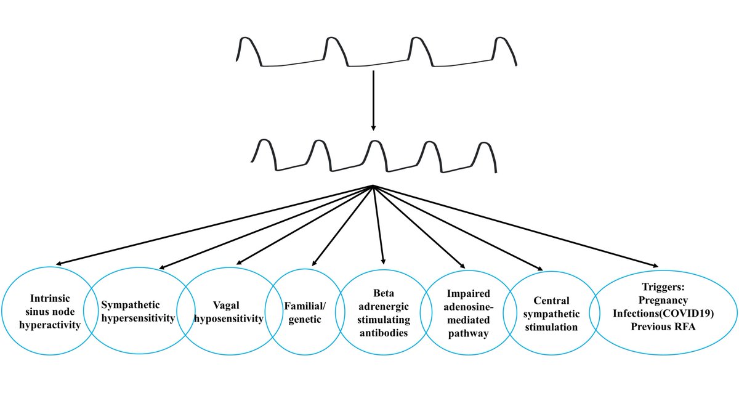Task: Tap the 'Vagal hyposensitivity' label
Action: coord(230,312)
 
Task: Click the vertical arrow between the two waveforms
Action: coord(373,99)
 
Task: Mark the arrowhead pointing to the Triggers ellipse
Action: coord(655,266)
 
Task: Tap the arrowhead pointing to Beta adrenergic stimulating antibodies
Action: coord(384,262)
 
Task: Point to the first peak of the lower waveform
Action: coord(264,144)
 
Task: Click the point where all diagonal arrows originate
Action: coord(373,186)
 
